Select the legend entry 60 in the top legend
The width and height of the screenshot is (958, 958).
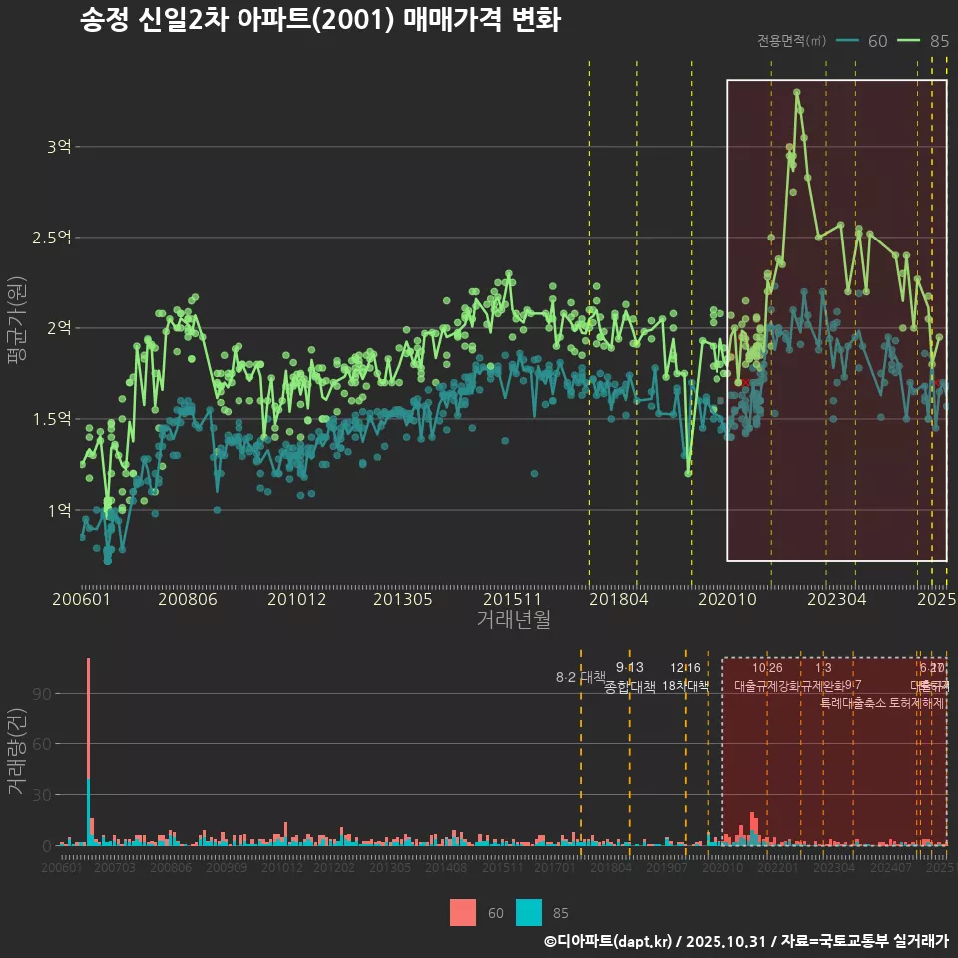pos(877,41)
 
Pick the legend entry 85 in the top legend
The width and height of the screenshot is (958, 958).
pos(938,41)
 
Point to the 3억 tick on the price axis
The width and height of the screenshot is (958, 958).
pos(58,147)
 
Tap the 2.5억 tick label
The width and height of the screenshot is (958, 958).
pos(52,238)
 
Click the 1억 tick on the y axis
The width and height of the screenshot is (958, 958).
pos(58,510)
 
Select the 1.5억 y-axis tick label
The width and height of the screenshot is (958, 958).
pos(52,419)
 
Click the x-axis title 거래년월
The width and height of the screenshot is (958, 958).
pos(513,620)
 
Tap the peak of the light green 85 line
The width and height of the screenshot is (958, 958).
pos(797,92)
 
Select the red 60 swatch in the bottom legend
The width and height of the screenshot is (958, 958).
pos(463,912)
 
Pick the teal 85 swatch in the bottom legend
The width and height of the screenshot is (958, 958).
pos(529,912)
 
